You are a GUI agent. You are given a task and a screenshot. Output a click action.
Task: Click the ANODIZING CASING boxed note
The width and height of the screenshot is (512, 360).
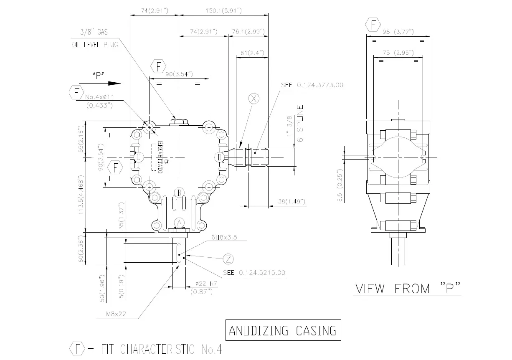pos(283,331)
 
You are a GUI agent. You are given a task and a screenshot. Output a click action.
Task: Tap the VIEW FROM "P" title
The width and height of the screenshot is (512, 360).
pos(407,289)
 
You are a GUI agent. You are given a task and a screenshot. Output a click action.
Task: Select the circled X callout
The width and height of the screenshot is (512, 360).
pos(254,99)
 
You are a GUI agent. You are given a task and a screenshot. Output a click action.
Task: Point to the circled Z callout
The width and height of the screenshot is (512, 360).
pos(228,259)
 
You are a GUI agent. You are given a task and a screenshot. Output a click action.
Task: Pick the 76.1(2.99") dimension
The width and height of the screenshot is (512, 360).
pos(248,32)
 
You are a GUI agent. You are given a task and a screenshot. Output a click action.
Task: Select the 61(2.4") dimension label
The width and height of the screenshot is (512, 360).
pos(251,53)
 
